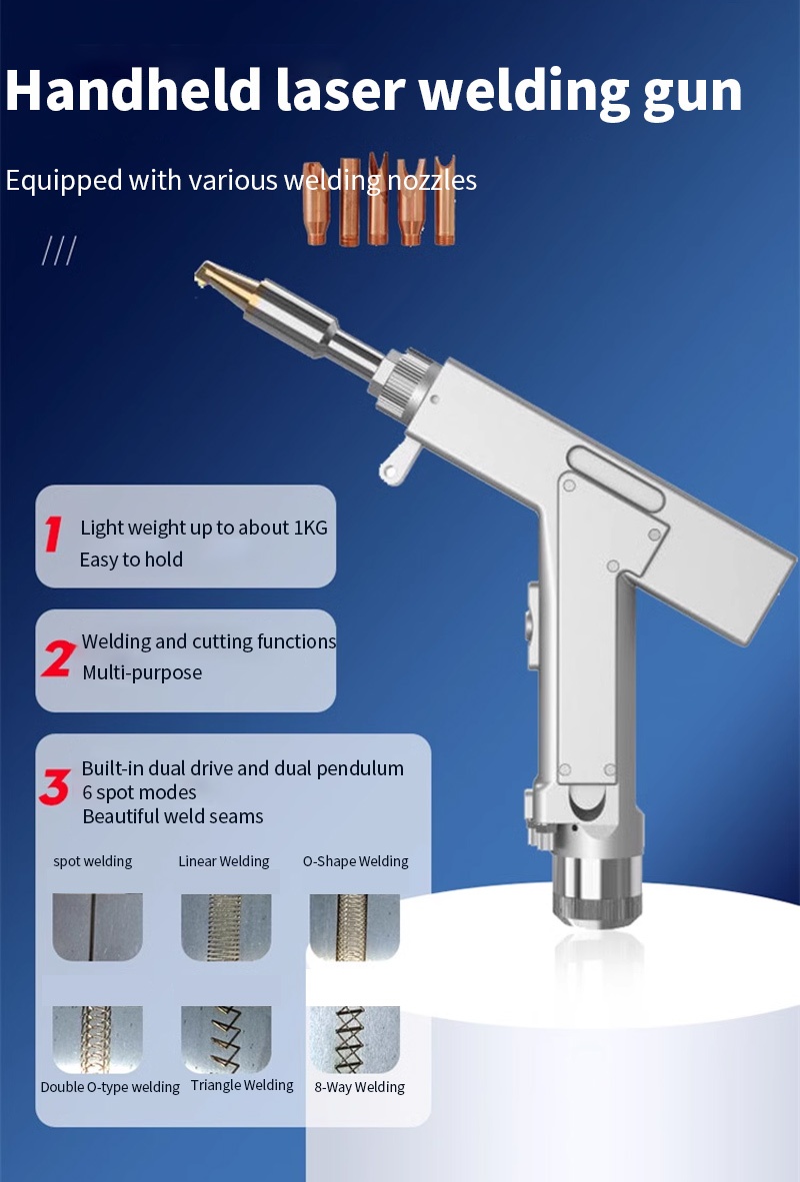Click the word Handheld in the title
coord(133,91)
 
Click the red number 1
coord(53,534)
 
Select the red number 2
coord(58,658)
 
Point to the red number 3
coord(55,786)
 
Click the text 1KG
coord(310,528)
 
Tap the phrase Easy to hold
coord(131,560)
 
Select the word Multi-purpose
coord(142,672)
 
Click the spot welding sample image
coord(97,927)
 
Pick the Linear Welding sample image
coord(226,927)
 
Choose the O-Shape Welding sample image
coord(355,927)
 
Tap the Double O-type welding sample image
coord(97,1039)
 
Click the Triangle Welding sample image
coord(226,1039)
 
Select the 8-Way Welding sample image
coord(355,1039)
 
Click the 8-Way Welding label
coord(360,1087)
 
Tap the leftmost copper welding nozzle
coord(316,204)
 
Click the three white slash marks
coord(59,250)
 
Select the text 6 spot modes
coord(140,792)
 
